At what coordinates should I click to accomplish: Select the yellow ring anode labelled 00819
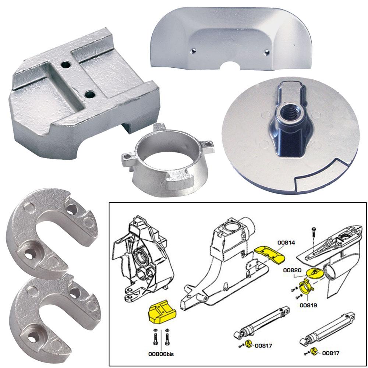click(305, 286)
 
